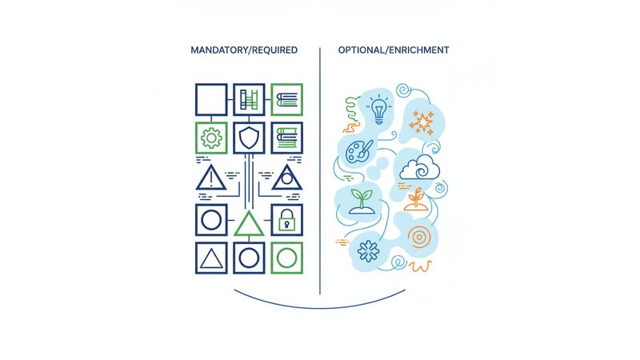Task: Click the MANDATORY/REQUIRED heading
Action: (x=244, y=50)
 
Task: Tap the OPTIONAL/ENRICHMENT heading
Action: (x=394, y=50)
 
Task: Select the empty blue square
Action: (x=211, y=99)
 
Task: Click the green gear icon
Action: (x=211, y=138)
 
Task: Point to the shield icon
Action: (x=249, y=138)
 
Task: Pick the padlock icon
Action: (x=287, y=219)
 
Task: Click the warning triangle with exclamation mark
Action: (x=211, y=178)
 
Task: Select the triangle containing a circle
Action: (x=287, y=178)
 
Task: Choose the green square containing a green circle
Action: (x=287, y=258)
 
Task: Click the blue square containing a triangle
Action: (x=211, y=258)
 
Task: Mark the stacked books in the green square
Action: (x=287, y=99)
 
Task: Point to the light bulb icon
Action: (x=379, y=109)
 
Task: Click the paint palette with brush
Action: (x=359, y=150)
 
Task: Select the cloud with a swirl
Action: (x=419, y=167)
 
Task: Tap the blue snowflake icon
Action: (x=368, y=251)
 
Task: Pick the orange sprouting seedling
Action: (x=416, y=199)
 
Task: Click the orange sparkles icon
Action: (x=422, y=122)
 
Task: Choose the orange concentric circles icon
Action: (x=418, y=237)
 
